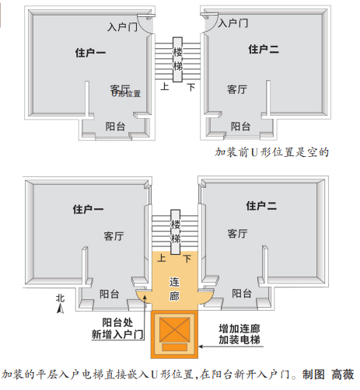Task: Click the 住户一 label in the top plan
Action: click(x=90, y=53)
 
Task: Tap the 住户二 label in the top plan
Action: click(x=264, y=49)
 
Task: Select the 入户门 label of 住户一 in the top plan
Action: click(x=122, y=26)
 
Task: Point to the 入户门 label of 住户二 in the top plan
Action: click(x=233, y=23)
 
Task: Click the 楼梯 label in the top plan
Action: click(x=177, y=59)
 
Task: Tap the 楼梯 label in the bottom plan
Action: click(x=176, y=232)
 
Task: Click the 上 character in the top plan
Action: click(x=165, y=86)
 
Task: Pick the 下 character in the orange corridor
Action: click(x=187, y=259)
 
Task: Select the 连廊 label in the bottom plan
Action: click(x=174, y=289)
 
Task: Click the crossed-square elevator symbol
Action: click(x=174, y=329)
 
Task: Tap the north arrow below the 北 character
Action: click(x=61, y=308)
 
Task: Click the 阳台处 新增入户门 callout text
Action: click(x=117, y=329)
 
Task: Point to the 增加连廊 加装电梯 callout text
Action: click(x=239, y=334)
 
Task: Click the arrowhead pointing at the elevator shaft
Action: click(x=201, y=346)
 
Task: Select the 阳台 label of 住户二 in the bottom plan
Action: click(x=242, y=294)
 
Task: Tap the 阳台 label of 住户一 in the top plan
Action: click(x=115, y=127)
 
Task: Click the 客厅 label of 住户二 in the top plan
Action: click(x=237, y=89)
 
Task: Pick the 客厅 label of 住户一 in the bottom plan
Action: click(x=114, y=236)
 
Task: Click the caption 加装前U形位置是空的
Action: click(x=272, y=152)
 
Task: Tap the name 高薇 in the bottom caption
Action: click(x=343, y=374)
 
